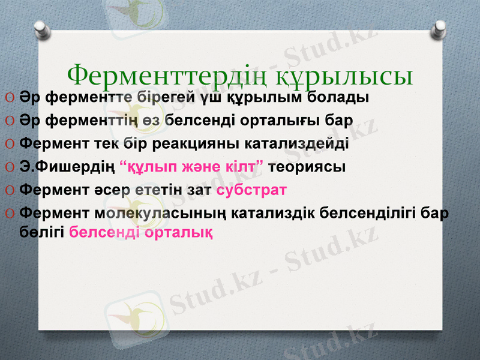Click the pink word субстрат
point(251,190)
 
